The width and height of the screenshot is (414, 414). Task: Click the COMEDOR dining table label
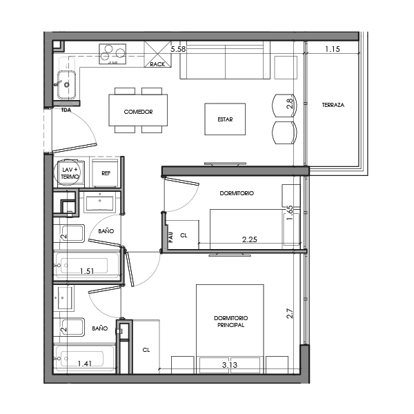tap(138, 112)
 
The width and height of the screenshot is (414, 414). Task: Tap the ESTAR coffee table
tap(225, 119)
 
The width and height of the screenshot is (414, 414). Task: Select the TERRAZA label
tap(333, 106)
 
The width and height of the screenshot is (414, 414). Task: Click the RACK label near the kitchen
tap(157, 65)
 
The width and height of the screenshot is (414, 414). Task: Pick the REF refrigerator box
tap(106, 173)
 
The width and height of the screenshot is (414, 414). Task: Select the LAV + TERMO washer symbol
tap(70, 172)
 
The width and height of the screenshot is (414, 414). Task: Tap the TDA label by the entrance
tap(66, 110)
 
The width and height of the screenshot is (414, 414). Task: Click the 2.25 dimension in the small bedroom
tap(250, 239)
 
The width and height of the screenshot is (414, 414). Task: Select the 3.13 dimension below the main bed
tap(230, 364)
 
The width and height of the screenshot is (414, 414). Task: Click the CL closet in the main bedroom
tap(146, 350)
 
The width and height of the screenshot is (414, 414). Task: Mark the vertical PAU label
tap(170, 237)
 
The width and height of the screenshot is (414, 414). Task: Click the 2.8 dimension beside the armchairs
tap(290, 105)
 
